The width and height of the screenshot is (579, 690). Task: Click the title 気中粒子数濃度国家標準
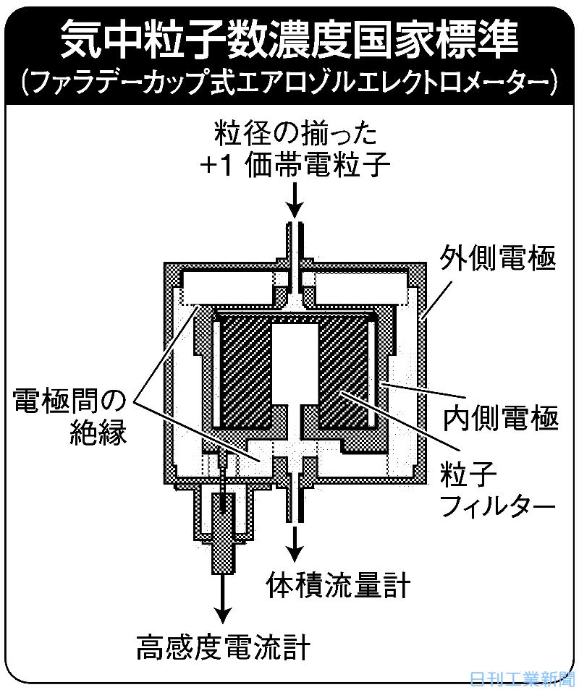point(289,40)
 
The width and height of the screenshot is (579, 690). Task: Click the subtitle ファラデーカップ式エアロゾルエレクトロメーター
point(289,82)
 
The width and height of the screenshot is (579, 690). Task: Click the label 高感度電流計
point(223,647)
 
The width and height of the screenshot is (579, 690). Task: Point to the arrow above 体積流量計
point(295,542)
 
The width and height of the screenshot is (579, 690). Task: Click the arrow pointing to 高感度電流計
point(223,600)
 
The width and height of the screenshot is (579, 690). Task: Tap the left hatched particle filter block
point(246,372)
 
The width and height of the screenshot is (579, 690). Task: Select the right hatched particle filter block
point(343,372)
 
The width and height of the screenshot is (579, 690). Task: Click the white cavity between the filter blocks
point(295,362)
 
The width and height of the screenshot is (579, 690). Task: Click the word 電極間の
point(69,401)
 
